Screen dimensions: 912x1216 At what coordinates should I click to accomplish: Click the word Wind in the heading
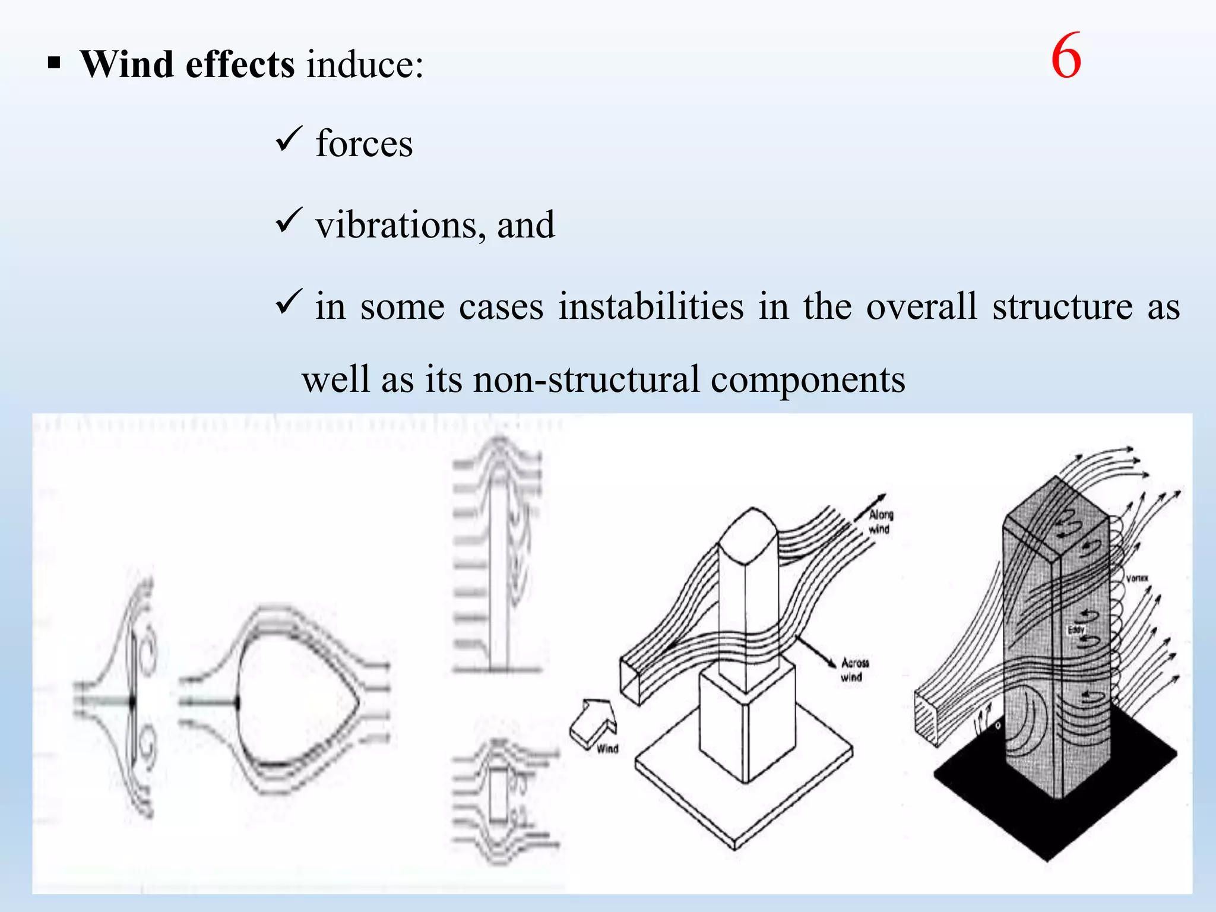(x=126, y=64)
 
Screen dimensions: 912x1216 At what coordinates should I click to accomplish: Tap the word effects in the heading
(x=240, y=64)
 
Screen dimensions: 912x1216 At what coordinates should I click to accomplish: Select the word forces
(x=364, y=144)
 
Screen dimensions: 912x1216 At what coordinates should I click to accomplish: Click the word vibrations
(x=397, y=225)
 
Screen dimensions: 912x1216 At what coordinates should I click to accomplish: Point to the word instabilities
(x=651, y=306)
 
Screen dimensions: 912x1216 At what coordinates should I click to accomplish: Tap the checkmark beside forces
(x=289, y=140)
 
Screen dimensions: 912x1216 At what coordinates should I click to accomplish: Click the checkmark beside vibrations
(x=289, y=221)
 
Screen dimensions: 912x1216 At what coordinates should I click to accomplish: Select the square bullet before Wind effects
(x=54, y=63)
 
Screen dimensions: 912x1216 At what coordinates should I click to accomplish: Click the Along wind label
(x=881, y=522)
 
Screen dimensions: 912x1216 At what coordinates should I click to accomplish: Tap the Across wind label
(x=854, y=669)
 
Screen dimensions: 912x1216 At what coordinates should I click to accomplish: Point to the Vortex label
(x=1136, y=578)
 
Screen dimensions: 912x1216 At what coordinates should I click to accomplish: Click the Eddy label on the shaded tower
(x=1076, y=629)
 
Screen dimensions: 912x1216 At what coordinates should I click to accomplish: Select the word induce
(x=365, y=64)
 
